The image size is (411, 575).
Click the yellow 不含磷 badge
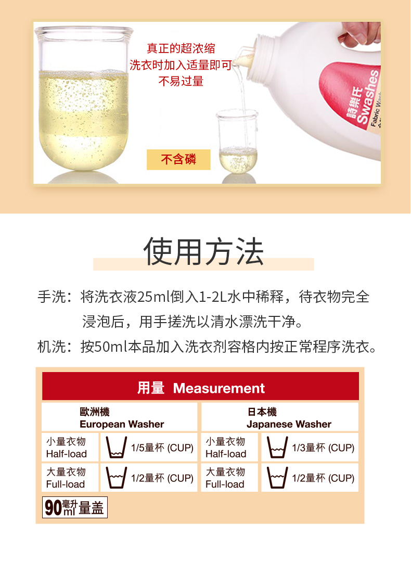(178, 160)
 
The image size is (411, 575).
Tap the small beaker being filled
(238, 141)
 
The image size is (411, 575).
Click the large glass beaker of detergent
(84, 98)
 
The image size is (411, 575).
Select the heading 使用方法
(203, 251)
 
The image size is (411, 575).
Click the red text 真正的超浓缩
(181, 48)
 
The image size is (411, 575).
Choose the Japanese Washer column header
(280, 417)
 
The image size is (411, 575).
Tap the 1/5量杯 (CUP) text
(162, 448)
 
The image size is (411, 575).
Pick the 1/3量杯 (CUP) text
(323, 448)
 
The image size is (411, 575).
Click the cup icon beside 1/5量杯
(116, 447)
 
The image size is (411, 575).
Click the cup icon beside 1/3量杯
(277, 447)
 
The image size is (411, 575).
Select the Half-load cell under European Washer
(70, 447)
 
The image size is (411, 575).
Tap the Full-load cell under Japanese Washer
(229, 478)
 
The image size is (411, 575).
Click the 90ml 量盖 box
(75, 507)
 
